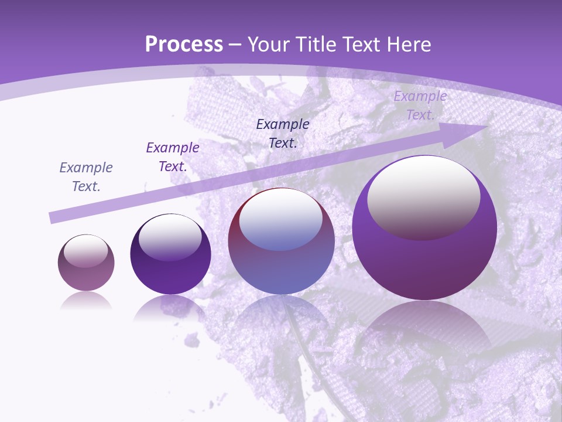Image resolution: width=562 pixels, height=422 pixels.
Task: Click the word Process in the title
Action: tap(184, 45)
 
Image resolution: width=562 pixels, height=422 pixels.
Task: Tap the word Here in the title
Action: tap(409, 45)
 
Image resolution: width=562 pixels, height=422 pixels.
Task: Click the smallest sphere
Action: tap(86, 263)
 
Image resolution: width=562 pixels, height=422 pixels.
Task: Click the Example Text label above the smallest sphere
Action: tap(86, 177)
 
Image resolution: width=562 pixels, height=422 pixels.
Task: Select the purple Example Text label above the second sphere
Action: tap(173, 157)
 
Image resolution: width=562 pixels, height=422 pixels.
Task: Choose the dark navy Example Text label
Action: tap(283, 133)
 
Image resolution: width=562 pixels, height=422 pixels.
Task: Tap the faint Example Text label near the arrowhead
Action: tap(420, 105)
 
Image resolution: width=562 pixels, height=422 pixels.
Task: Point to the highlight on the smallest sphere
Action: tap(85, 251)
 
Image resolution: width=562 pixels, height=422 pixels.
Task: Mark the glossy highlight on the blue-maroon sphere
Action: tap(280, 220)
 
